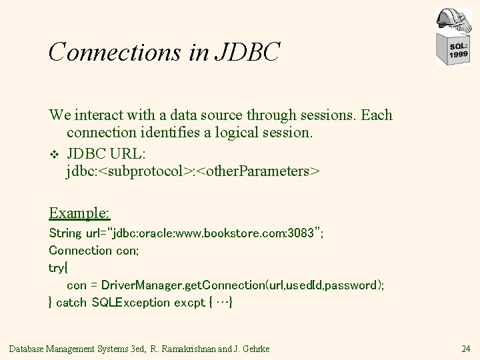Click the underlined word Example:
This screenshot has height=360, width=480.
coord(79,213)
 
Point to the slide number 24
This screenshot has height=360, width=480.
coord(465,347)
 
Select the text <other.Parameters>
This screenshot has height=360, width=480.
coord(259,171)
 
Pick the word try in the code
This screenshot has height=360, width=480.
coord(57,268)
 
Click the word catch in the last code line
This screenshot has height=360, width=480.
coord(72,302)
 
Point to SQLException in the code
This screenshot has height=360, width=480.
coord(131,302)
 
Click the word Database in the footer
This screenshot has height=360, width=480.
coord(31,347)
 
